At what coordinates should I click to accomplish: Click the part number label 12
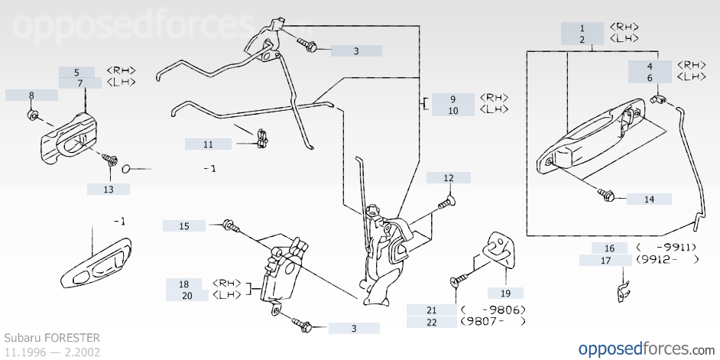coord(449,178)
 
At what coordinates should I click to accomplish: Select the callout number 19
coord(505,293)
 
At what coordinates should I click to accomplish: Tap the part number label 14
coord(649,199)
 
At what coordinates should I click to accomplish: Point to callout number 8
coord(31,96)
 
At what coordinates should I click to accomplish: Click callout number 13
coord(108,189)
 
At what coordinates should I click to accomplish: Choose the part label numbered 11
coord(208,144)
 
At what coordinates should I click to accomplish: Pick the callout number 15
coord(184,226)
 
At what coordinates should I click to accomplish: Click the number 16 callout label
coord(609,248)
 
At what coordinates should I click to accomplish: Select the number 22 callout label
coord(431,322)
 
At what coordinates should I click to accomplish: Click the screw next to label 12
coord(446,203)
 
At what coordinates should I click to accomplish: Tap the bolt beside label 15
coord(229,226)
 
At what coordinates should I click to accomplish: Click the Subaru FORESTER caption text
coord(52,337)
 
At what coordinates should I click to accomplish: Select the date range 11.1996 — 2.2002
coord(52,352)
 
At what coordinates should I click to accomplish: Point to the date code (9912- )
coord(667,260)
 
